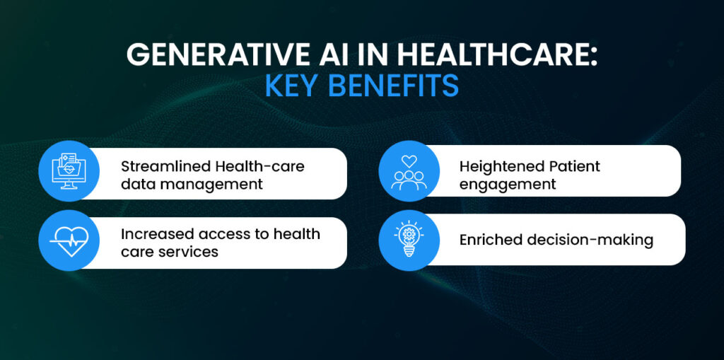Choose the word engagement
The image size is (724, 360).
[x=508, y=185]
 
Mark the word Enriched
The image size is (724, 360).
[x=491, y=240]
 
